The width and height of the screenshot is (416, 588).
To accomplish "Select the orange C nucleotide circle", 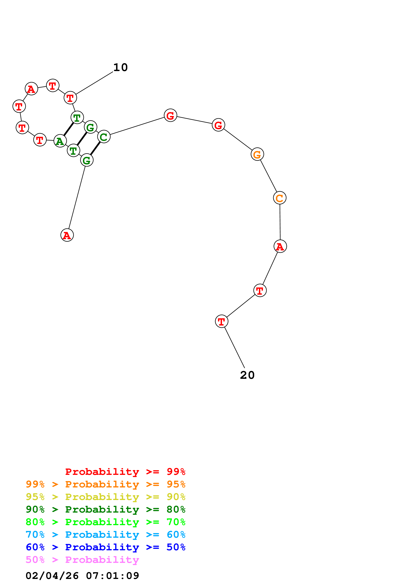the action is click(x=279, y=198).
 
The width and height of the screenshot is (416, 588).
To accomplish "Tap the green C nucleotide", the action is click(x=104, y=137).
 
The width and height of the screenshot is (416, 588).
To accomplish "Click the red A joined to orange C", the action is click(x=280, y=246).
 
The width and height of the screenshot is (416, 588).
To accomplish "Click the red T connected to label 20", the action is click(x=222, y=321).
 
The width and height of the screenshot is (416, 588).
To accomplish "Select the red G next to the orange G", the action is click(x=218, y=125).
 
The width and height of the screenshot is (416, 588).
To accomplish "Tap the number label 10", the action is click(x=120, y=67).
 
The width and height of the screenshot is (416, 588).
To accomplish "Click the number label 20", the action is click(x=247, y=375).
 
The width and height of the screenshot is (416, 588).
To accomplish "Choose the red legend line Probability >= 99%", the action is click(x=125, y=472).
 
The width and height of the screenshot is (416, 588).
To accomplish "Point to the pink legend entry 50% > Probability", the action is click(x=82, y=560).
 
